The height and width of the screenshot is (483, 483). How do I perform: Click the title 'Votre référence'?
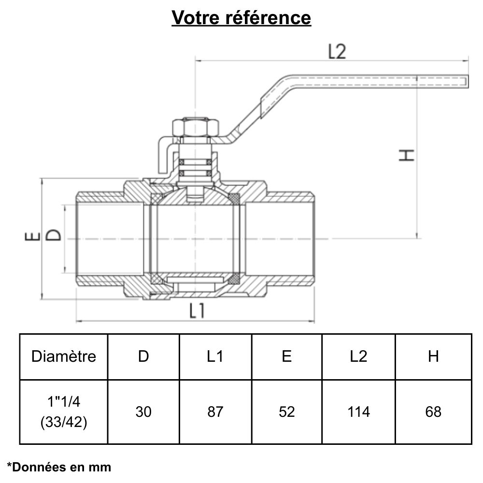[241, 18]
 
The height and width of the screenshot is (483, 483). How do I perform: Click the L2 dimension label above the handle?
[337, 52]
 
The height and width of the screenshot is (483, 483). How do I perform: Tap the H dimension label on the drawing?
[408, 155]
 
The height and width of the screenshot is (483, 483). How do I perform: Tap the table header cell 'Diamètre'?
[64, 356]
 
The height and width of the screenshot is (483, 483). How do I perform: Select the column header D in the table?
[143, 356]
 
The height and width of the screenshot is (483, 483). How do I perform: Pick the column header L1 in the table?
[215, 356]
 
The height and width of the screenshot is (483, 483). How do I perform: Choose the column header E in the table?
[287, 356]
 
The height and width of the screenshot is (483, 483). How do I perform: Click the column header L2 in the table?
[358, 356]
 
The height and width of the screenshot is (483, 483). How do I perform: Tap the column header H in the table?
[433, 356]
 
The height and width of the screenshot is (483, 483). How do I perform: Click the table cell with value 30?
[143, 412]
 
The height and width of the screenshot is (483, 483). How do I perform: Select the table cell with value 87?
[215, 412]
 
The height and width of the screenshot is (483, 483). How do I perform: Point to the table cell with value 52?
[287, 412]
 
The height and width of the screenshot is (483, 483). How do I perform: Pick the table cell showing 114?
[358, 412]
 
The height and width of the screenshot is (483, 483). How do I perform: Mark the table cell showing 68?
[433, 412]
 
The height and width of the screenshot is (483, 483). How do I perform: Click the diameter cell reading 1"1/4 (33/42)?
[64, 412]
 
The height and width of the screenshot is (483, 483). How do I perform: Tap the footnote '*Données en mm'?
[59, 467]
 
